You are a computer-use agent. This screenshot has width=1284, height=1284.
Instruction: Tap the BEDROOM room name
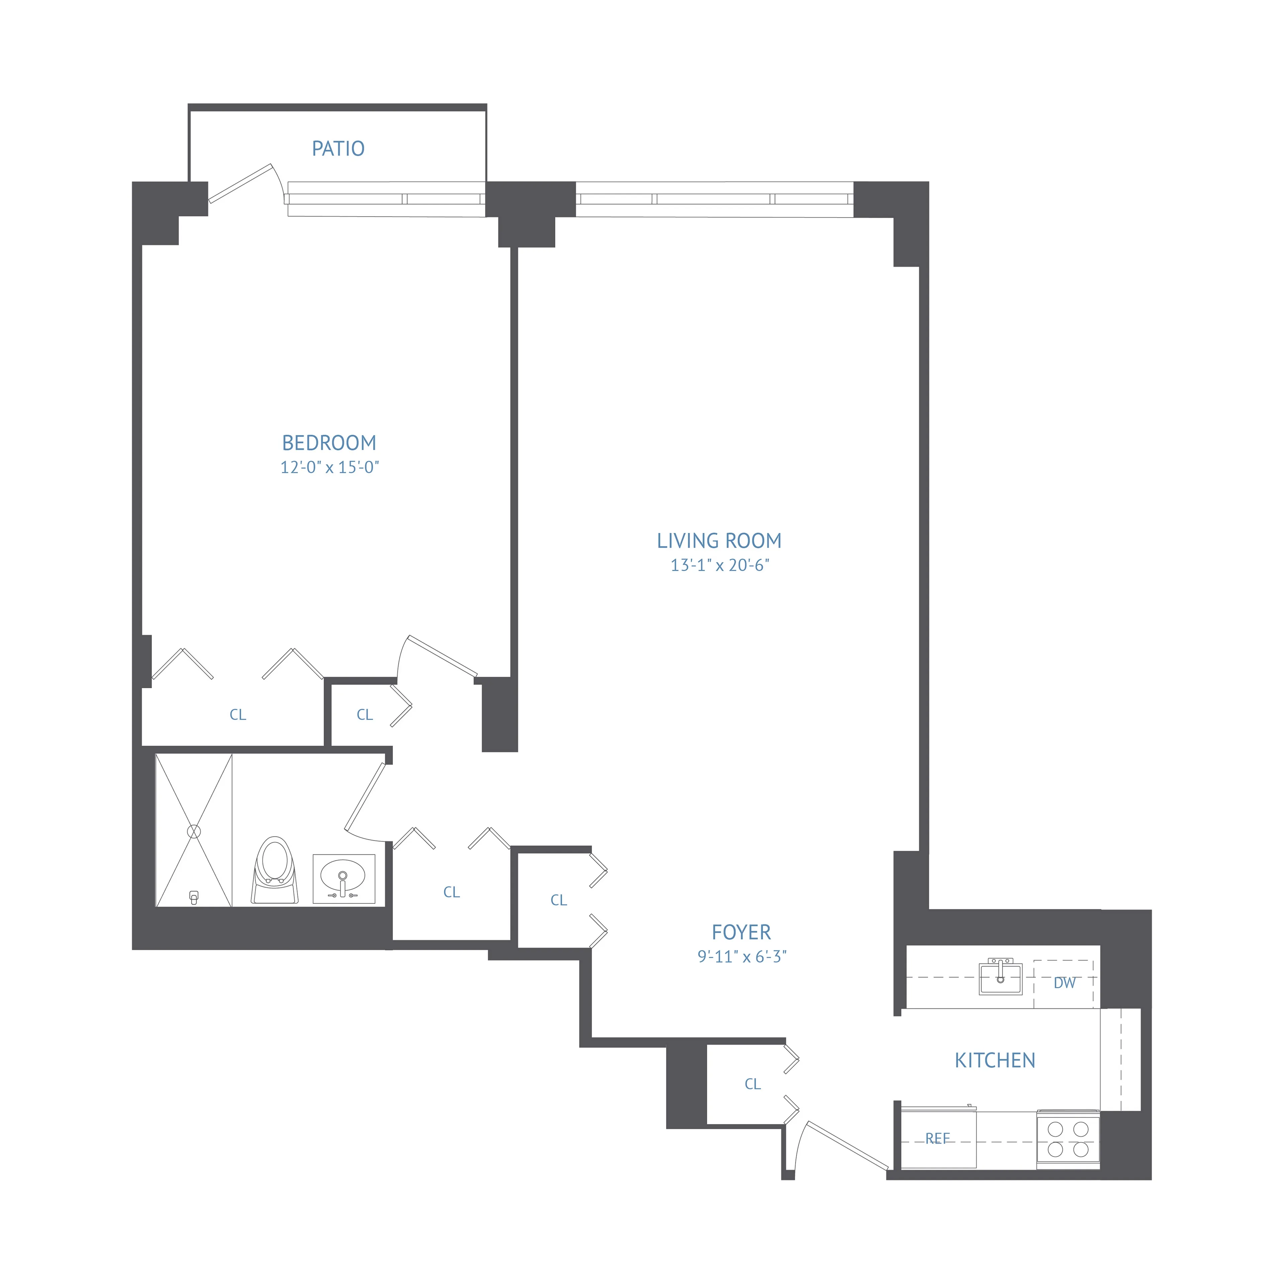[329, 443]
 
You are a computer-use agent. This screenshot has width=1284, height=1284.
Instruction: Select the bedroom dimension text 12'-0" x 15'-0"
[329, 467]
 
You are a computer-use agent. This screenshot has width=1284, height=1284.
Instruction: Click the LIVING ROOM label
[719, 541]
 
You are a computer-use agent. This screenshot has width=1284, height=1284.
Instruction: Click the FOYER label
[741, 933]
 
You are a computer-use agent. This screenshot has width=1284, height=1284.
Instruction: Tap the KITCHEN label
[995, 1061]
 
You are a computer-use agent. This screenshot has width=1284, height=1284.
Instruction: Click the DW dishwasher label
[1064, 983]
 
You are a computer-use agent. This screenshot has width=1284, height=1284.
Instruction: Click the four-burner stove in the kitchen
[1067, 1139]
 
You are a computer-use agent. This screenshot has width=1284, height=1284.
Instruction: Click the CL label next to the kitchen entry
[752, 1084]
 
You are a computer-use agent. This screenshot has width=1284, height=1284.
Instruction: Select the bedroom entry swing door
[442, 656]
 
